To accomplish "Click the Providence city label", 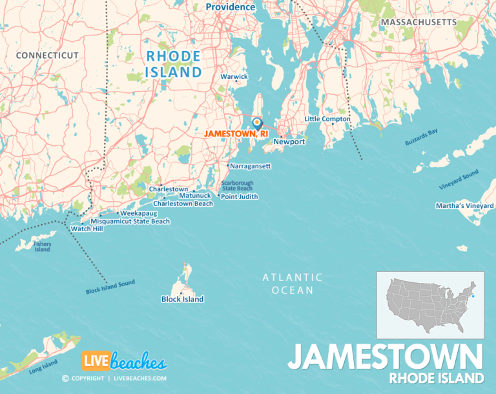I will (x=231, y=7).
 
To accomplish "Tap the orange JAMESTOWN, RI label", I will (x=236, y=133).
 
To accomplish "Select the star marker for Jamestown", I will (x=256, y=121).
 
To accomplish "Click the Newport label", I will (x=289, y=141).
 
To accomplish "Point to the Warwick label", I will (x=234, y=76).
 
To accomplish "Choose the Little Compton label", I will (x=327, y=119).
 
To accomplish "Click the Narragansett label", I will (x=250, y=166).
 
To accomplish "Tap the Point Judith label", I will (x=239, y=196).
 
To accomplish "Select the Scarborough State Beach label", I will (x=237, y=185).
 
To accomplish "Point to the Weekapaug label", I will (x=139, y=213).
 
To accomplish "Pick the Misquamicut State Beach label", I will (x=130, y=221).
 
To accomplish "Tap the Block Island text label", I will (x=182, y=299).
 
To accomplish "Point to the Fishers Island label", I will (x=43, y=247).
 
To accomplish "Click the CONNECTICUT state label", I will (x=47, y=56).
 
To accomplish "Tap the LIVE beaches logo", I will (x=123, y=361).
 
